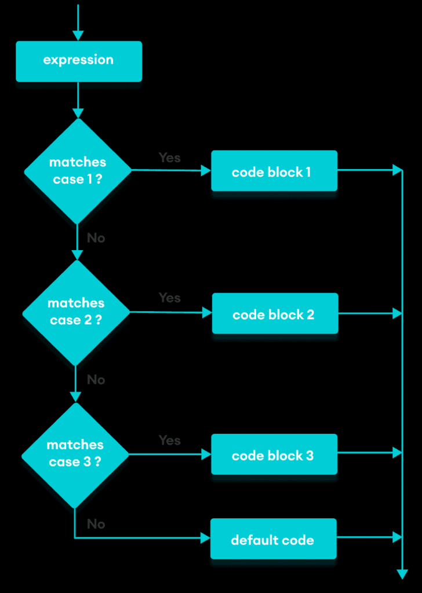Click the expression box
78,61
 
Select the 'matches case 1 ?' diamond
78,171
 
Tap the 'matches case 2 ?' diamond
76,312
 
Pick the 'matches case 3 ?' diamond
75,454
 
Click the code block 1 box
274,171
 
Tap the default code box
273,539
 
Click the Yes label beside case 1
169,158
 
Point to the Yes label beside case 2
169,298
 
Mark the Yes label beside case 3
169,441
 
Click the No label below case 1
96,238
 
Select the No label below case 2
96,380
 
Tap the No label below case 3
96,524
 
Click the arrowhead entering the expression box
78,35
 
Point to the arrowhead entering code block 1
206,171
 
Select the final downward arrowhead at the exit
402,573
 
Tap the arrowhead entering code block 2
207,313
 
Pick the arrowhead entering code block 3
206,455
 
